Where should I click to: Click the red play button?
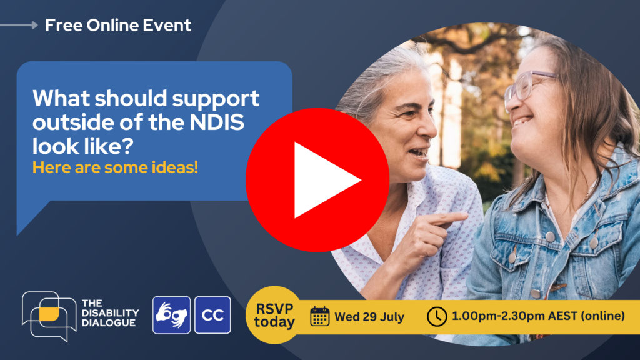(x=317, y=180)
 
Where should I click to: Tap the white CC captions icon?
(x=212, y=315)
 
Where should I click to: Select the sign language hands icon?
(x=171, y=315)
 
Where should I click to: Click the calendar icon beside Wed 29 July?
(x=319, y=316)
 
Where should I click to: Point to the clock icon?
(x=437, y=316)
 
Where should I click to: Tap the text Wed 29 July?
(x=369, y=317)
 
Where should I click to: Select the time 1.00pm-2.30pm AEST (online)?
(x=538, y=316)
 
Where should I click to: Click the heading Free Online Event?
(x=118, y=25)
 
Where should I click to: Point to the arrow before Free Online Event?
(x=19, y=25)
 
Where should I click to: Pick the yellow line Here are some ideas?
(x=115, y=167)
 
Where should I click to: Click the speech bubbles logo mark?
(x=49, y=316)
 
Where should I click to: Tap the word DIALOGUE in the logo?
(x=109, y=323)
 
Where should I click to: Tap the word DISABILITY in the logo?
(x=110, y=313)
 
